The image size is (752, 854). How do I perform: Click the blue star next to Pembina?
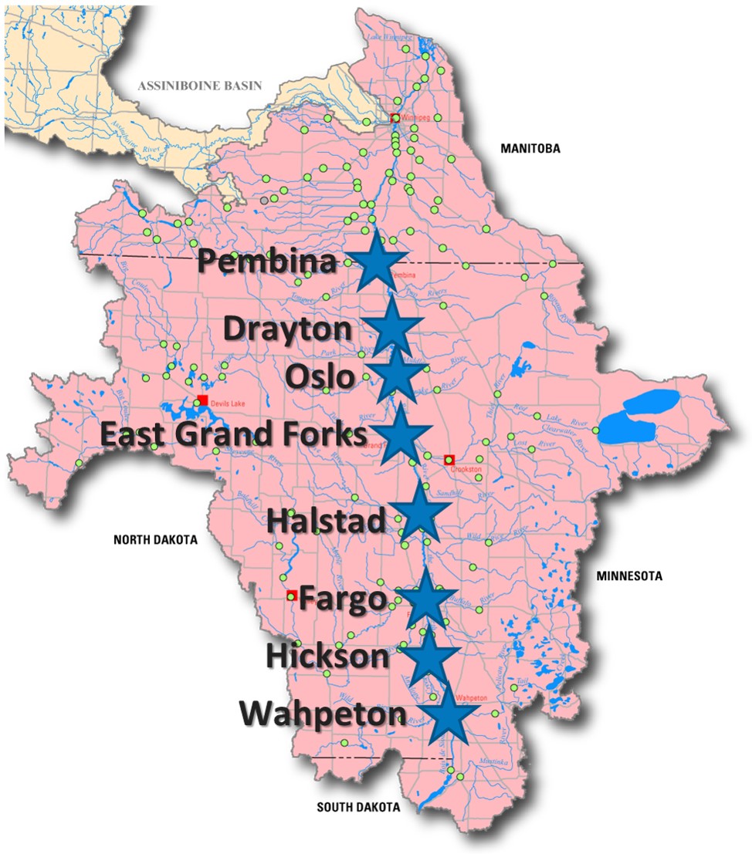point(377,262)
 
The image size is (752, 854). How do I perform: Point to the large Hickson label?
point(327,657)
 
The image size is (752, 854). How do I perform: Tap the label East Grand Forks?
point(234,434)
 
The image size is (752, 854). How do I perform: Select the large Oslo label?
point(320,378)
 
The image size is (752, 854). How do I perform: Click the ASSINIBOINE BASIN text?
point(200,86)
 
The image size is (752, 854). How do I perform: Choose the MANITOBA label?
point(529,148)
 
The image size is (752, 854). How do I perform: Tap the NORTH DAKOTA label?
point(155,540)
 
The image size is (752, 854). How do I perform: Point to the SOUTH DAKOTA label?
point(359,808)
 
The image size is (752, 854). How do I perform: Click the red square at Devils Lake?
point(202,400)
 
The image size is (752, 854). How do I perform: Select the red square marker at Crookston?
point(449,460)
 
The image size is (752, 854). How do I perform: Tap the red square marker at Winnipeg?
point(395,118)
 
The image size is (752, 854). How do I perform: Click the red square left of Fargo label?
point(291,595)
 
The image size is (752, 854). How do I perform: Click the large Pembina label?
point(267,262)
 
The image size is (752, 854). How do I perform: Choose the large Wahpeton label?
point(323,714)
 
